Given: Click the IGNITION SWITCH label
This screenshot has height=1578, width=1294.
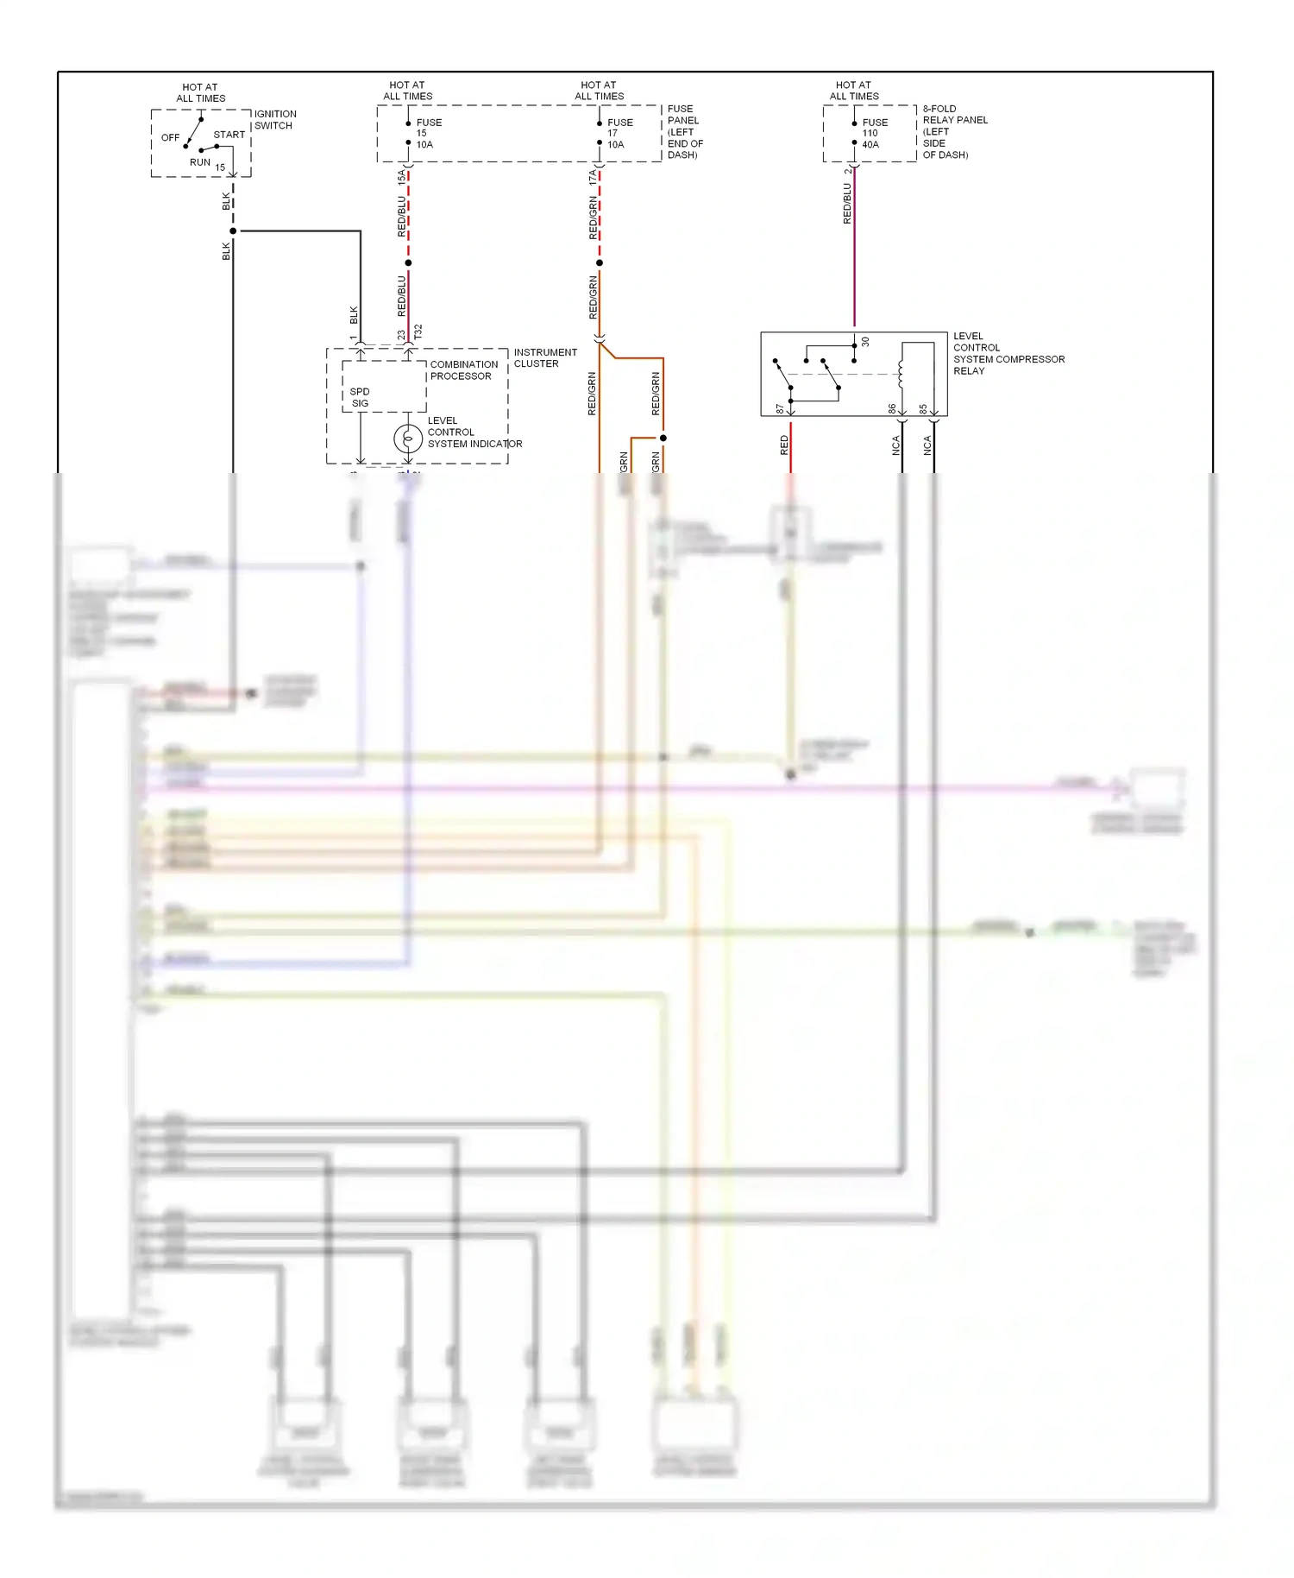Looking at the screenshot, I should point(275,120).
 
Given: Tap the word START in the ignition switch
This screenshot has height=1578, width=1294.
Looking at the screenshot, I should point(229,135).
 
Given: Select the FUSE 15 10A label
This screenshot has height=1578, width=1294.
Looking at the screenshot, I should point(427,134).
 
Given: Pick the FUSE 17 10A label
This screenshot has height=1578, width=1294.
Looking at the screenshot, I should point(619,134).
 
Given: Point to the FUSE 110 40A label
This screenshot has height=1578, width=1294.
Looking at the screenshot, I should point(873,134).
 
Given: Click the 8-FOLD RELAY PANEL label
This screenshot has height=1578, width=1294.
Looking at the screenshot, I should point(954,132).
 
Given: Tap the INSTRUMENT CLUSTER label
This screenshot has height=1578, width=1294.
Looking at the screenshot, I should point(545,358).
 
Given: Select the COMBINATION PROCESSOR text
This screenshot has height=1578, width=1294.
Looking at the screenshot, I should point(463,370).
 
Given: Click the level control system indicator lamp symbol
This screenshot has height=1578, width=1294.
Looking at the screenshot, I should point(408,439).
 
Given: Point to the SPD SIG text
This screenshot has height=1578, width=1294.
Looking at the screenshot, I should point(360,398).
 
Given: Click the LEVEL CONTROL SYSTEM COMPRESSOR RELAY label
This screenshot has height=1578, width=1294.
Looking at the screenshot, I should point(1008,354).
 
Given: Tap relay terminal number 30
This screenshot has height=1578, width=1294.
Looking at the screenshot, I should point(865,343).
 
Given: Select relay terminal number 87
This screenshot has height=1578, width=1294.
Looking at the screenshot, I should point(780,408).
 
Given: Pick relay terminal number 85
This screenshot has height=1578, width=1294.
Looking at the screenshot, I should point(923,408).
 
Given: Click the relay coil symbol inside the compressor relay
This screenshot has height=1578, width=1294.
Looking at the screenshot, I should point(901,374).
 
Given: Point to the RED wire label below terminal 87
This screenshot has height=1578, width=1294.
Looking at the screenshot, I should point(784,445).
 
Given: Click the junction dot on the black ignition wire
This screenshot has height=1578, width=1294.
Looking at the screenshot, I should point(233,231).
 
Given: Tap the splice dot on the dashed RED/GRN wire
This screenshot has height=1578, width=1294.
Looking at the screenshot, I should point(600,262).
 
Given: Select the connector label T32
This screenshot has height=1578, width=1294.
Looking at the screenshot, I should point(418,331).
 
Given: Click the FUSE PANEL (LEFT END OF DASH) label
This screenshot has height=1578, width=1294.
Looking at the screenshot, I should point(684,132).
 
